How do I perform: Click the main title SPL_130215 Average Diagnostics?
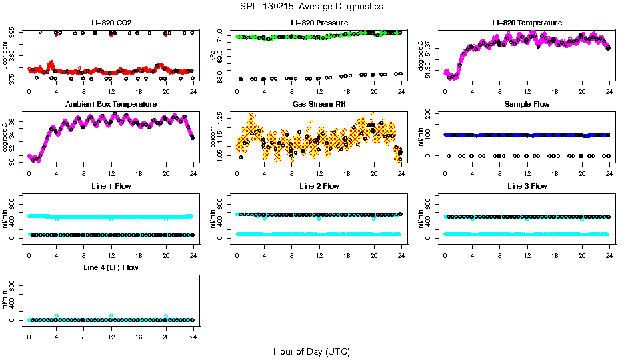tap(312, 6)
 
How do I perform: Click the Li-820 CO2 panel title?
tap(111, 23)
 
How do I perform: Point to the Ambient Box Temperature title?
tap(111, 104)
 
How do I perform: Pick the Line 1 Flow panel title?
tap(111, 186)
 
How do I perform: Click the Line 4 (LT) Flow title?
tap(111, 267)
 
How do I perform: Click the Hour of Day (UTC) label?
tap(311, 351)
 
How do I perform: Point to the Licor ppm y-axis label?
tap(5, 56)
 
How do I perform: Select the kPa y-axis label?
tap(213, 56)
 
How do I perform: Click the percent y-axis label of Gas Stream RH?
tap(213, 137)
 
